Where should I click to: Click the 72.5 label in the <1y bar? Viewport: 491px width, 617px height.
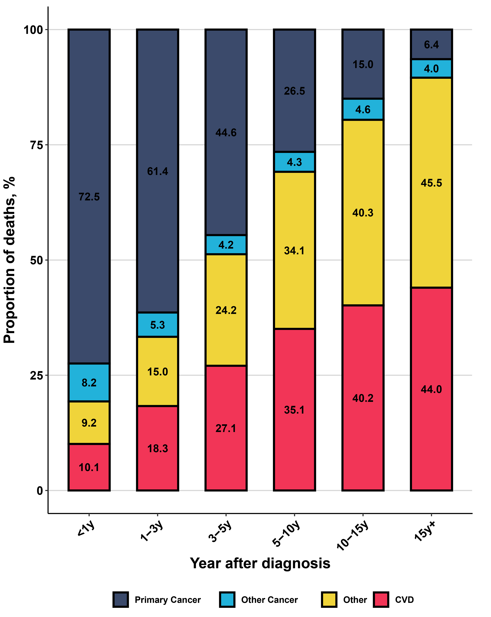89,197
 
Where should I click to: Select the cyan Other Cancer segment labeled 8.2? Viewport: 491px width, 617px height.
89,383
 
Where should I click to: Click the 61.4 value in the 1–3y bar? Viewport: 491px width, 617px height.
157,171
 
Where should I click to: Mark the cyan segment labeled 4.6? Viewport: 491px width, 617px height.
363,110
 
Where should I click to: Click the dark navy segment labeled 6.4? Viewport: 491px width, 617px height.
431,45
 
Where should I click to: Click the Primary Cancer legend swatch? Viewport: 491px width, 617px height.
120,600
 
